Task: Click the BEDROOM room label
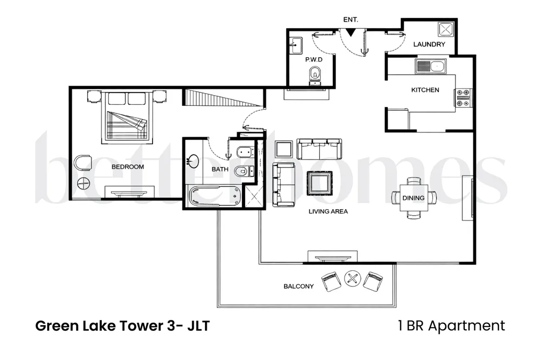pos(128,167)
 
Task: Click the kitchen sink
pos(430,67)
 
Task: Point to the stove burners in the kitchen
pos(463,97)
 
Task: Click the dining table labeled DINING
pos(413,198)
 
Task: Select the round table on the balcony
pos(352,279)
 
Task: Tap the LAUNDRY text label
pos(429,44)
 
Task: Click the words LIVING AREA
pos(328,211)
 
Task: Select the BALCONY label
pos(298,286)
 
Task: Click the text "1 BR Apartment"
pos(450,326)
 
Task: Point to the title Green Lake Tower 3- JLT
pos(122,326)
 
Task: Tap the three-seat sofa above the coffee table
pos(319,149)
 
